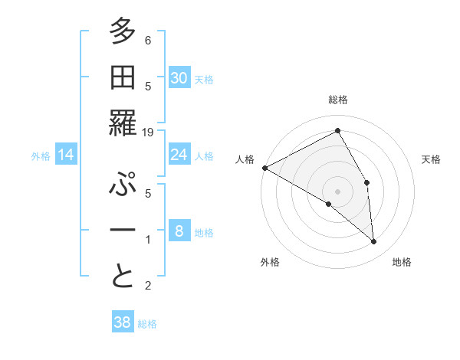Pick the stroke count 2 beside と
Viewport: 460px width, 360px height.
tap(148, 286)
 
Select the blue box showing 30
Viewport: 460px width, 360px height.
tap(179, 78)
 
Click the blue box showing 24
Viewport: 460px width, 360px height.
tap(179, 155)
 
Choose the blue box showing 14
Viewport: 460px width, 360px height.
tap(66, 155)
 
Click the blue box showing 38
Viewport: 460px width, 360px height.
tap(122, 322)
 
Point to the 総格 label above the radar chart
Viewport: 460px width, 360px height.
tap(338, 100)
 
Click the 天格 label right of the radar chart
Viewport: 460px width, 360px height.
tap(431, 159)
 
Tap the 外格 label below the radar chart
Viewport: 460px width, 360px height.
tap(270, 262)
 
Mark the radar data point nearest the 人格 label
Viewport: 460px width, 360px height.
tap(264, 168)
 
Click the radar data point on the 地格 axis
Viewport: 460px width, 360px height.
tap(373, 241)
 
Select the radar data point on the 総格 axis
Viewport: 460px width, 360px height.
tap(337, 131)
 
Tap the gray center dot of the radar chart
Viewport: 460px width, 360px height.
tap(337, 191)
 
